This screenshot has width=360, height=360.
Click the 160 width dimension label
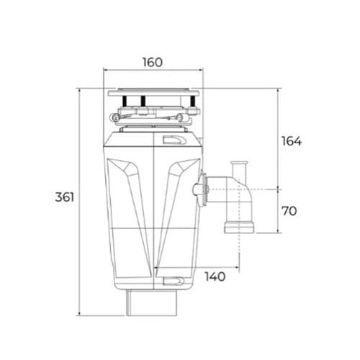point(153,63)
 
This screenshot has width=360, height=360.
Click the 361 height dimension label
point(65,197)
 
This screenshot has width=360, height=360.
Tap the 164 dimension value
point(292,141)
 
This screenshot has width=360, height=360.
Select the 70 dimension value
point(289,211)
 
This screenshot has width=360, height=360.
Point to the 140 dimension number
point(215,276)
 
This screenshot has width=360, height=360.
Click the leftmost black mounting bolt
point(125,101)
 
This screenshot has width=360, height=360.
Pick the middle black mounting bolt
point(143,101)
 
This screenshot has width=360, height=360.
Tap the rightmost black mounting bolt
point(193,101)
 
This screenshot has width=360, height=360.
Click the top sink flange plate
point(153,92)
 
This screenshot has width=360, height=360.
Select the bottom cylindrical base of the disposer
point(152,302)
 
